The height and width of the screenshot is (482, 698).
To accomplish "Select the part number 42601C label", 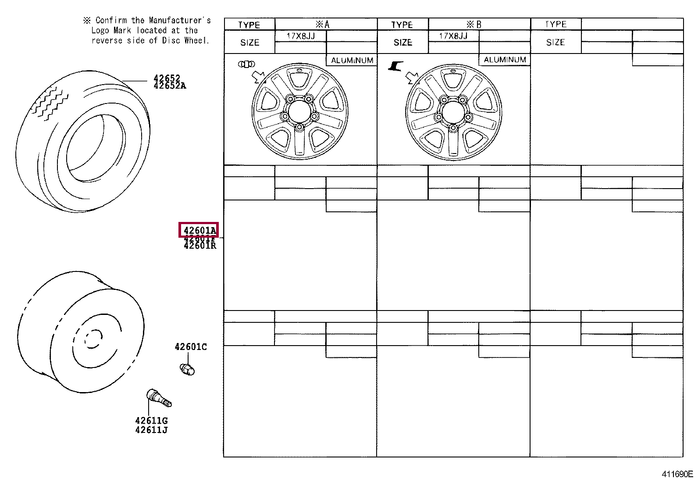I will click(191, 347).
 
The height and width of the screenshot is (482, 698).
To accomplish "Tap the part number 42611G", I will click(151, 421).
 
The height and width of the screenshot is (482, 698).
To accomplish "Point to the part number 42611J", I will click(151, 430).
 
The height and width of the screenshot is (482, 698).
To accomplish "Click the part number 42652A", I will click(170, 86).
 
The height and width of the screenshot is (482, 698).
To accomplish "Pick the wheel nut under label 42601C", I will click(187, 370).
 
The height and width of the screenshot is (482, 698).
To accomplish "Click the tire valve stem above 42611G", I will click(158, 398).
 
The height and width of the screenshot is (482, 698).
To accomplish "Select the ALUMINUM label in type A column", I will click(352, 61).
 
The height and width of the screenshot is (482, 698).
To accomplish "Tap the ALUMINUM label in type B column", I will click(505, 60).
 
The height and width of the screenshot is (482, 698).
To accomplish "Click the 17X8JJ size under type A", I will click(301, 36).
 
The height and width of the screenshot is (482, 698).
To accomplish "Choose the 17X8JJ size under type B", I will click(453, 36).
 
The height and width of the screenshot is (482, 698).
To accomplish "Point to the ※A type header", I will click(323, 25).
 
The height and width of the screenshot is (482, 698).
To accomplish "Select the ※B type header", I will click(474, 25).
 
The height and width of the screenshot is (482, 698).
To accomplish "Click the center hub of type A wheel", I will click(299, 111).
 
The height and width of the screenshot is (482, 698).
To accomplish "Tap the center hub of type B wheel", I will click(453, 113).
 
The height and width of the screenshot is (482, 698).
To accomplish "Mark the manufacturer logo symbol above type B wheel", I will click(395, 66).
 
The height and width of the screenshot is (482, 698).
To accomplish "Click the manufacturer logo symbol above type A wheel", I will click(246, 64).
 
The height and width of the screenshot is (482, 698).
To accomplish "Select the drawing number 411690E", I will click(677, 474).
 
